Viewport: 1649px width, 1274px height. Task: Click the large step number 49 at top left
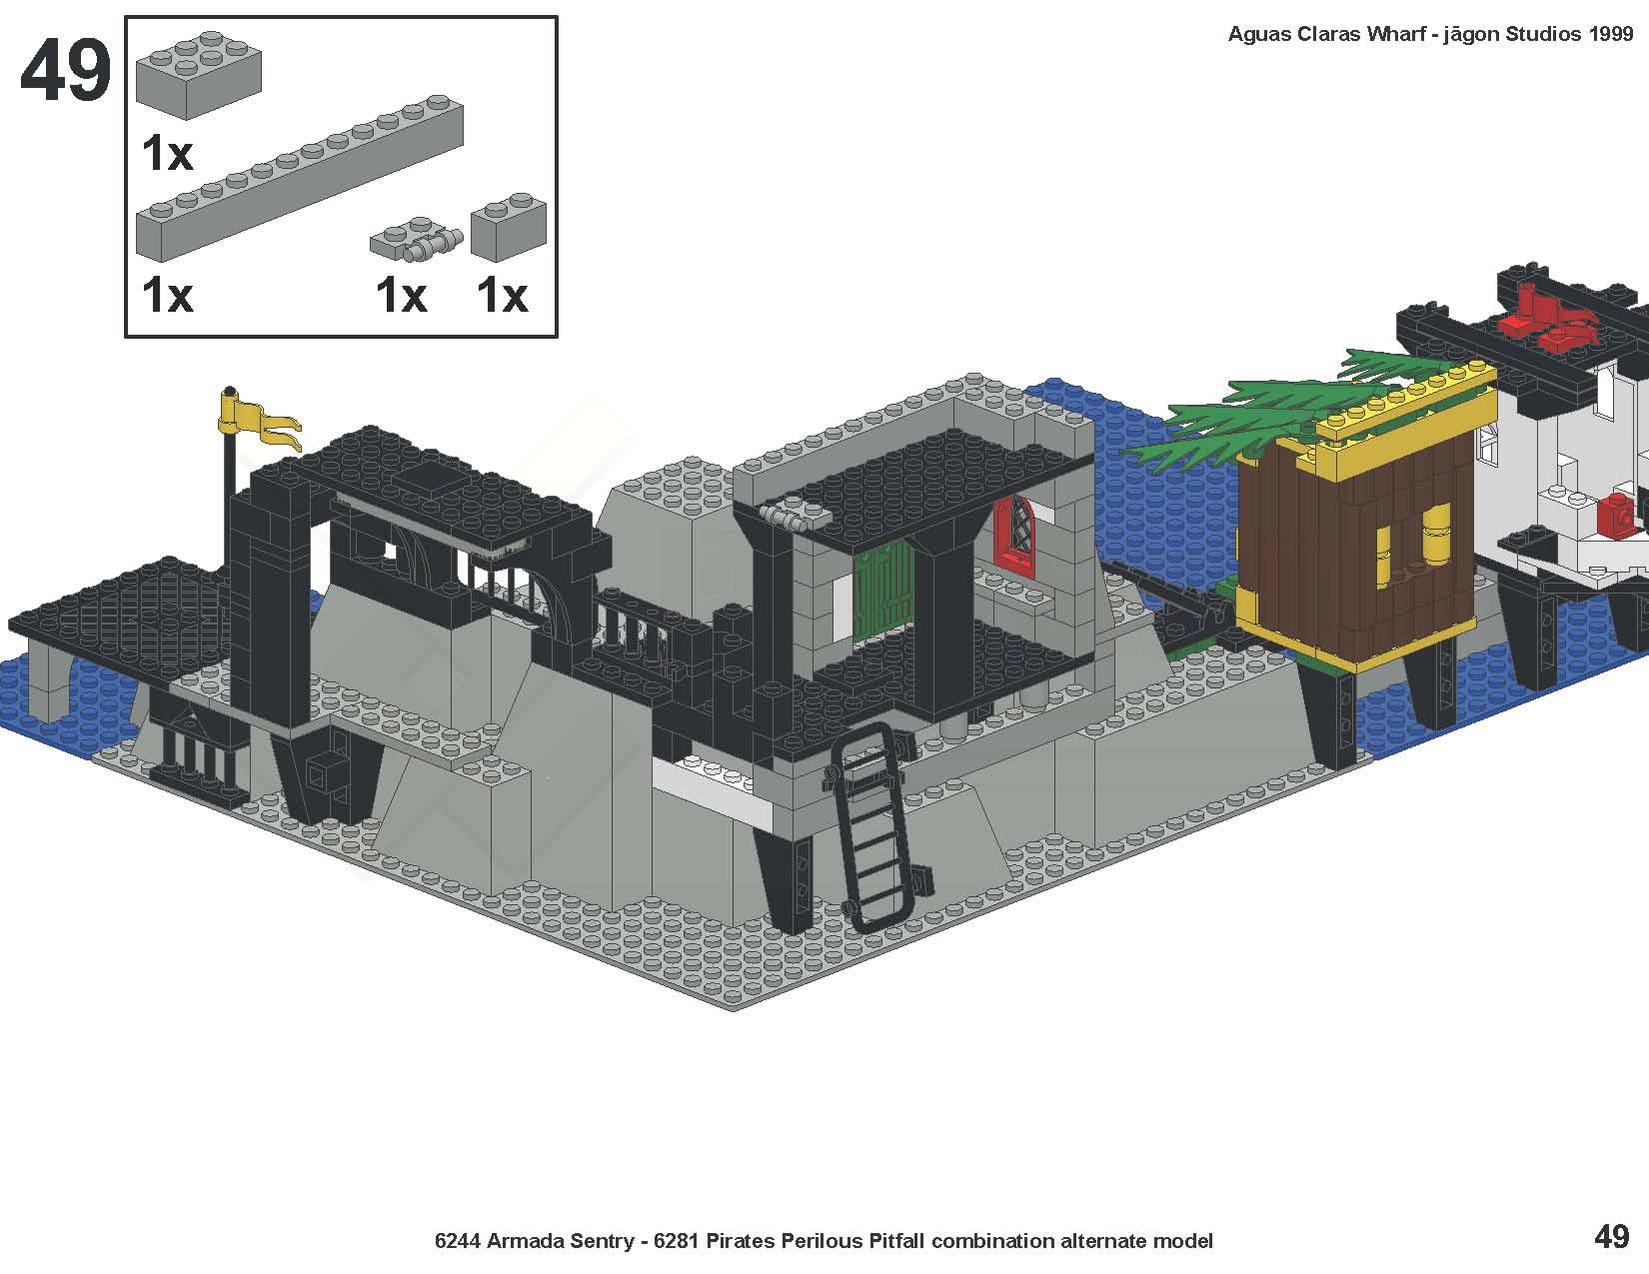[x=66, y=70]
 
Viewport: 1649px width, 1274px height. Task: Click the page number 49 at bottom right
[x=1612, y=1238]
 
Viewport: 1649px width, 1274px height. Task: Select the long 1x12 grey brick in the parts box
[x=300, y=179]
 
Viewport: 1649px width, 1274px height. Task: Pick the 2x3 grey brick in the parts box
[x=199, y=74]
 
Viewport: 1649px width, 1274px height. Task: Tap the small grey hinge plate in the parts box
[x=416, y=240]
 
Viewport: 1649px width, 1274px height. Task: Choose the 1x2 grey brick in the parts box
[x=509, y=226]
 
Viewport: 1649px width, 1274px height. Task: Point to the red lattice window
[x=1013, y=532]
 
